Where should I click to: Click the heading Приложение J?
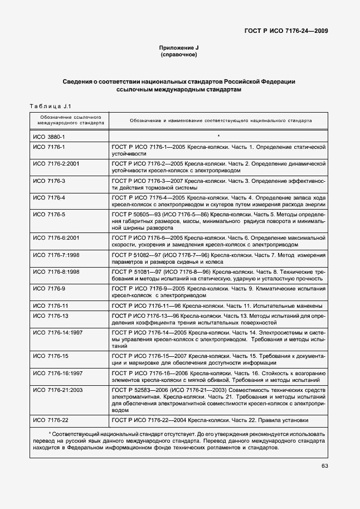179,49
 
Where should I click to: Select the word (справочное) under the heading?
179,56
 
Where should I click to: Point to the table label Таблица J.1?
49,106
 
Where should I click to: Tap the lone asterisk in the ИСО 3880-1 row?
218,136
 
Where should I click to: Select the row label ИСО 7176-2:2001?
56,164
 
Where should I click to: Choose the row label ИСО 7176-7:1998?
56,254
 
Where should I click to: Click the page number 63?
324,466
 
